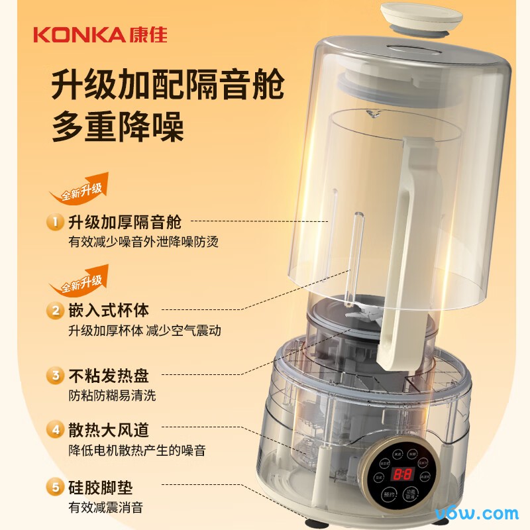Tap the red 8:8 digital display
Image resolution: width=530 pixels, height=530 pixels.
(402, 474)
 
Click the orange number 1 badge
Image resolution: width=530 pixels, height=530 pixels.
(55, 222)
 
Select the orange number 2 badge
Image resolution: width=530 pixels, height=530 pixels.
(55, 310)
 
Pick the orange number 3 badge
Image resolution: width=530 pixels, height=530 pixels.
(55, 376)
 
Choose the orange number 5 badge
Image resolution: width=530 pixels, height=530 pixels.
(55, 488)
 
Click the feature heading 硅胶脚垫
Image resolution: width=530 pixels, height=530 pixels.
(101, 488)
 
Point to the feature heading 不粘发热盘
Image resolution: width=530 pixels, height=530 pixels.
(109, 376)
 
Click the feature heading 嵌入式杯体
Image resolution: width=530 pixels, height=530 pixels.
(109, 310)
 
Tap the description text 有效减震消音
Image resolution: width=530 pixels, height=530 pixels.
(105, 508)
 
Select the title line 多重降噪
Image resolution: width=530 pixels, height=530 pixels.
(117, 126)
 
